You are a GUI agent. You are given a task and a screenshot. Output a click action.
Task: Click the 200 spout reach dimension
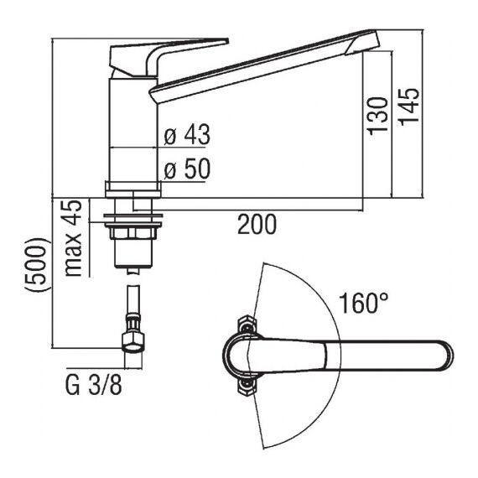(x=257, y=225)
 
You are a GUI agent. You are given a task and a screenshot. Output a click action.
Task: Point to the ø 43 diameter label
(x=187, y=134)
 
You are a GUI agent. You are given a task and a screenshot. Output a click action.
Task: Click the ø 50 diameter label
(x=187, y=169)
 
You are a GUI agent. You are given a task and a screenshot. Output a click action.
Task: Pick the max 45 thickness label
(x=73, y=238)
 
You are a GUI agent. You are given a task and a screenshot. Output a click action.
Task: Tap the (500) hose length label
(x=37, y=265)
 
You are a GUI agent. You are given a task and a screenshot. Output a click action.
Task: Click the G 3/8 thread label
(x=94, y=385)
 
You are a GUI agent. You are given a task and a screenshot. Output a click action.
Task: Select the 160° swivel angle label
(x=364, y=303)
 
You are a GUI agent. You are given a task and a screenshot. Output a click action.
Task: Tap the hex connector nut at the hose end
(x=132, y=343)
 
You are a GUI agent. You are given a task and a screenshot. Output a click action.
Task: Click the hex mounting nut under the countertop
(x=132, y=233)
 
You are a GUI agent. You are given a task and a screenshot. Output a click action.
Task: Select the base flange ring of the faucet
(x=132, y=190)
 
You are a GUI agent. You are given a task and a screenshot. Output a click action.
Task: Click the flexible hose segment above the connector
(x=132, y=299)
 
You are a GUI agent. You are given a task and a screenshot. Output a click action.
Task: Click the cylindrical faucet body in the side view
(x=133, y=129)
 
